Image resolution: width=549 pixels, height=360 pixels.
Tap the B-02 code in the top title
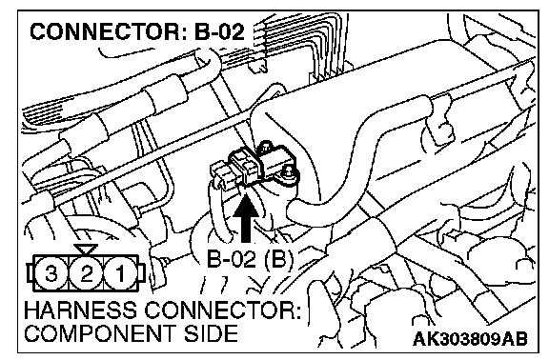tap(219, 31)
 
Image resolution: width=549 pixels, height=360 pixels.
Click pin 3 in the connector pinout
tap(51, 273)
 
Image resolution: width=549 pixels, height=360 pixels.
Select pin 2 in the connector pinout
tap(86, 273)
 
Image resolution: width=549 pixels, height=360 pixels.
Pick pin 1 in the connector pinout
tap(120, 273)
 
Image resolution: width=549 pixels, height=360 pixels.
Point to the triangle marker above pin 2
tap(86, 249)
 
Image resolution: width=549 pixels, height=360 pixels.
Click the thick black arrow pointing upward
tap(247, 218)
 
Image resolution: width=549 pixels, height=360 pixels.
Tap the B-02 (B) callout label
tap(250, 260)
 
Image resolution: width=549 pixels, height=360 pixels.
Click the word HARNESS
tap(80, 310)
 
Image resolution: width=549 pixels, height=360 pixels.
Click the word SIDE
tap(212, 333)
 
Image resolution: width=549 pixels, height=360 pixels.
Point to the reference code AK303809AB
tap(470, 338)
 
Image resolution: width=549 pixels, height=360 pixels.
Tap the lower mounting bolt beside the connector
tap(289, 172)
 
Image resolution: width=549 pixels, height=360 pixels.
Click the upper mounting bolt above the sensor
tap(265, 147)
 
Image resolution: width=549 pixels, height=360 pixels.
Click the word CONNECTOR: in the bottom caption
tap(222, 310)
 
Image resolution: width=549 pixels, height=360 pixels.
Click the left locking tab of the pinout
tap(30, 273)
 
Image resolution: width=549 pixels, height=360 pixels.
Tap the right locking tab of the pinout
tap(141, 273)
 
